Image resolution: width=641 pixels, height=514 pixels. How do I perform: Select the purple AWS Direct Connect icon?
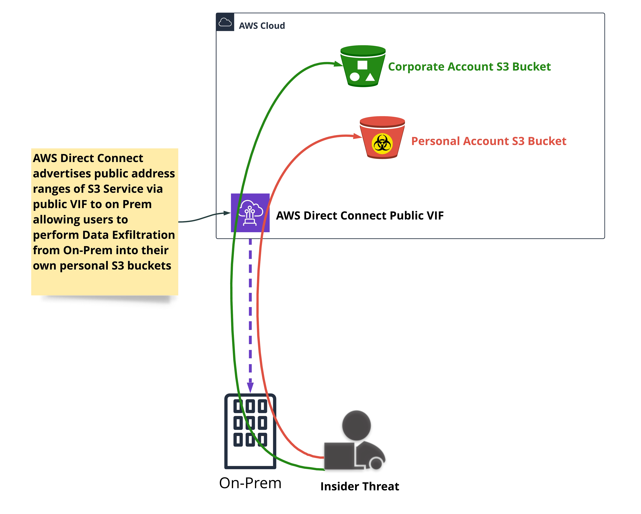[250, 213]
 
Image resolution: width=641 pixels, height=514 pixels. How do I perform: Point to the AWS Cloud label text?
[262, 26]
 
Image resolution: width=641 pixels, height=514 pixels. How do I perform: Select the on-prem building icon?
[250, 431]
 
